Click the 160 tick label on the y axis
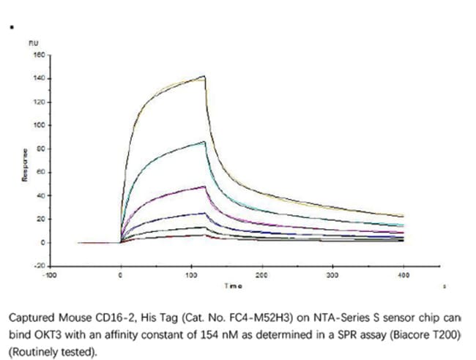(40, 55)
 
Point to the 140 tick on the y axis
(40, 78)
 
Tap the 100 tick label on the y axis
(40, 125)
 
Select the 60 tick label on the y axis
(42, 172)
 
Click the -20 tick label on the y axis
(40, 266)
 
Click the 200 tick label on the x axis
(262, 276)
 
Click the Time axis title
(233, 285)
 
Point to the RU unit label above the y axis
(33, 44)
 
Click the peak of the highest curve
(205, 75)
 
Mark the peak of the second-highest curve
(204, 142)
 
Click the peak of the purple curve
(204, 187)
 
